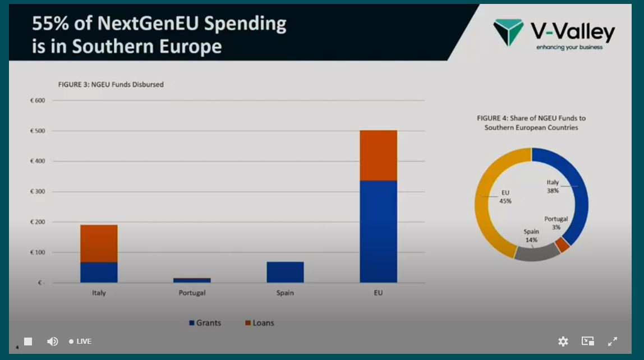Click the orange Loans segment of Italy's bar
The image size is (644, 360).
(x=99, y=243)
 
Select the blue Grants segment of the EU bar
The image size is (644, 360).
(x=378, y=231)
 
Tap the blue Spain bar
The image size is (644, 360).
(x=285, y=272)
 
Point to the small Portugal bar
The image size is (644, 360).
(x=192, y=280)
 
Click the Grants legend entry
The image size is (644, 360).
(x=205, y=323)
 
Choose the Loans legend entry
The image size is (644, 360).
(x=260, y=323)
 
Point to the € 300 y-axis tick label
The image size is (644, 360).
(x=37, y=192)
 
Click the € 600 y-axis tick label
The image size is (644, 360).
(x=37, y=101)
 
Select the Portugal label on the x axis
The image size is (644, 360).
(x=192, y=293)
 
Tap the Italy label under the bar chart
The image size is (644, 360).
(x=99, y=293)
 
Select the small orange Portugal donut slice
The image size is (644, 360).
(x=563, y=244)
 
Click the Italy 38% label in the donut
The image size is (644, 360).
(x=553, y=186)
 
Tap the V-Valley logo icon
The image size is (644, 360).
(x=508, y=33)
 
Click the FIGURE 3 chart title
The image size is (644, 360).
(x=111, y=85)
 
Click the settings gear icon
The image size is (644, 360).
(x=563, y=341)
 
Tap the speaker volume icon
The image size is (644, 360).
(x=53, y=341)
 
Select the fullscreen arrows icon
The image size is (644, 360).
(x=613, y=341)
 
